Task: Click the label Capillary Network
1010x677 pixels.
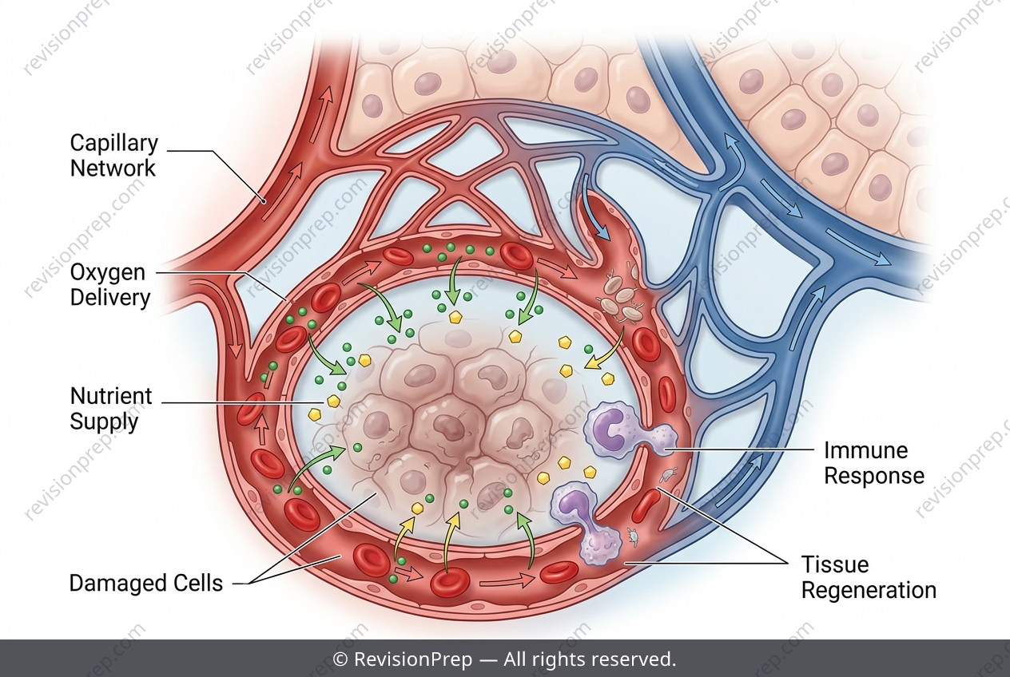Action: (114, 156)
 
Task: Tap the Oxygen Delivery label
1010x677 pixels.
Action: (110, 285)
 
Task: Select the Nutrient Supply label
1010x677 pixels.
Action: (111, 409)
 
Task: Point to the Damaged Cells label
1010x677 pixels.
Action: (146, 583)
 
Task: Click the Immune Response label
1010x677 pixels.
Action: (874, 463)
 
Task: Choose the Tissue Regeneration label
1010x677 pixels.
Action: (869, 577)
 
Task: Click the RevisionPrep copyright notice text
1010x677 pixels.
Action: (504, 659)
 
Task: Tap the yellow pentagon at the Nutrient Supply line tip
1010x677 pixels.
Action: (333, 401)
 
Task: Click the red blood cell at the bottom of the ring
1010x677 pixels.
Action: (451, 583)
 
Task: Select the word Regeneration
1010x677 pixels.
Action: (869, 590)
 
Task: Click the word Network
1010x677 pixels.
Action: (113, 168)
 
